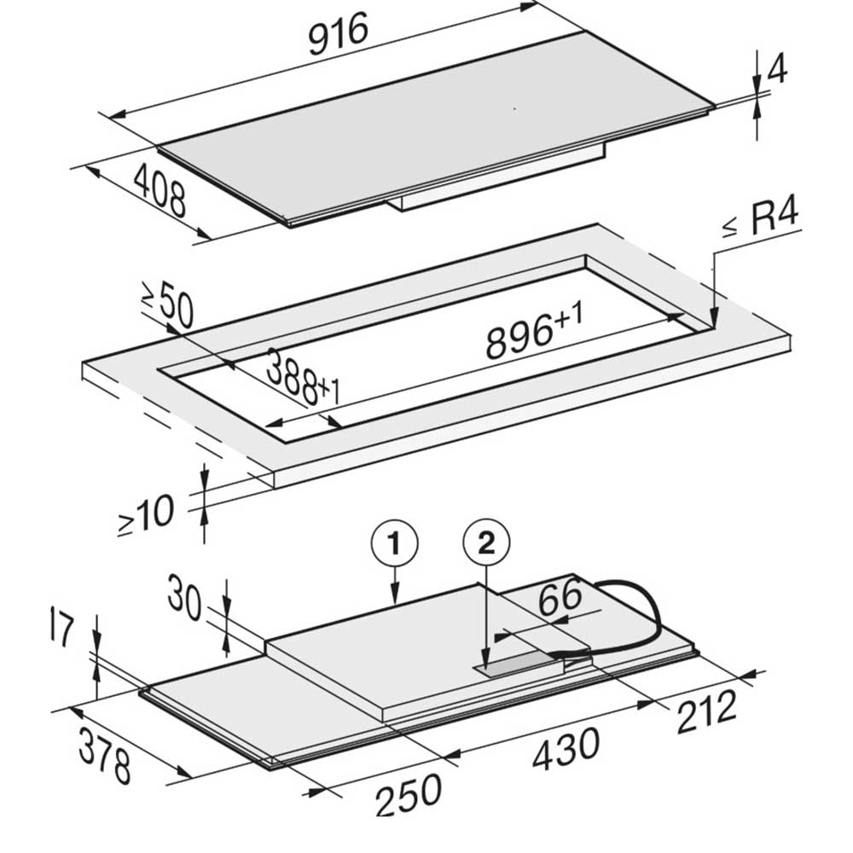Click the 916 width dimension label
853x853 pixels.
tap(339, 34)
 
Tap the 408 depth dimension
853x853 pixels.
tap(160, 191)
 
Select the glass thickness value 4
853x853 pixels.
tap(779, 68)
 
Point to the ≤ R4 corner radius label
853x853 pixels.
tap(761, 220)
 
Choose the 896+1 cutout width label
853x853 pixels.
tap(534, 332)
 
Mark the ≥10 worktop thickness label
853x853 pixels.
tap(147, 514)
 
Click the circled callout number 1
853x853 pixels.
tap(394, 543)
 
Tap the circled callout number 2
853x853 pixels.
tap(486, 543)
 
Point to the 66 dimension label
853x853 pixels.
tap(560, 595)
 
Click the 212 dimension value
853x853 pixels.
tap(706, 711)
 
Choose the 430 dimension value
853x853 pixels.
tap(566, 750)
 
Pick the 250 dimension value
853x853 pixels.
tap(408, 795)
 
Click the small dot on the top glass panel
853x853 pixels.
tap(514, 109)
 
